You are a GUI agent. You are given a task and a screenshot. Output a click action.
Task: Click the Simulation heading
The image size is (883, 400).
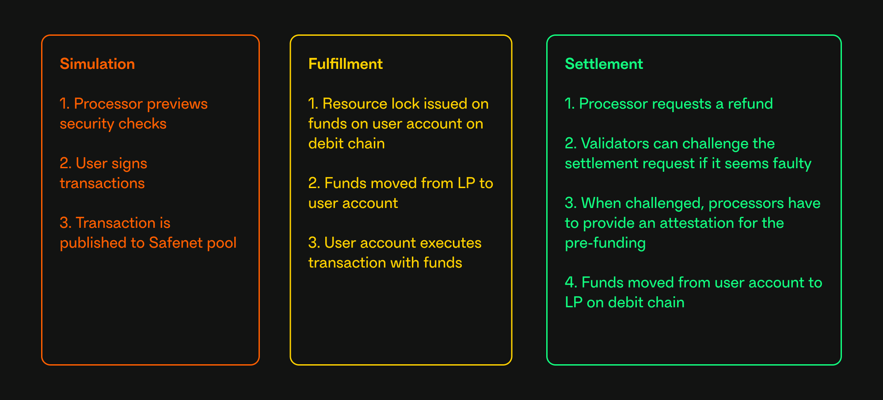pos(97,64)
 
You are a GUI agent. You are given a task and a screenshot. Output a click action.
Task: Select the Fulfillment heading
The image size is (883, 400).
pos(345,64)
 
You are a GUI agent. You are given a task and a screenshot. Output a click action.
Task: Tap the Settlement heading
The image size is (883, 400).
pos(604,64)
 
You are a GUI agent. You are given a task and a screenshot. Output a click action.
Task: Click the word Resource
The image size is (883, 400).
pos(355,104)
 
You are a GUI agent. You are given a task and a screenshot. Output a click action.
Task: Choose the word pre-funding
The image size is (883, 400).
pos(605,243)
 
